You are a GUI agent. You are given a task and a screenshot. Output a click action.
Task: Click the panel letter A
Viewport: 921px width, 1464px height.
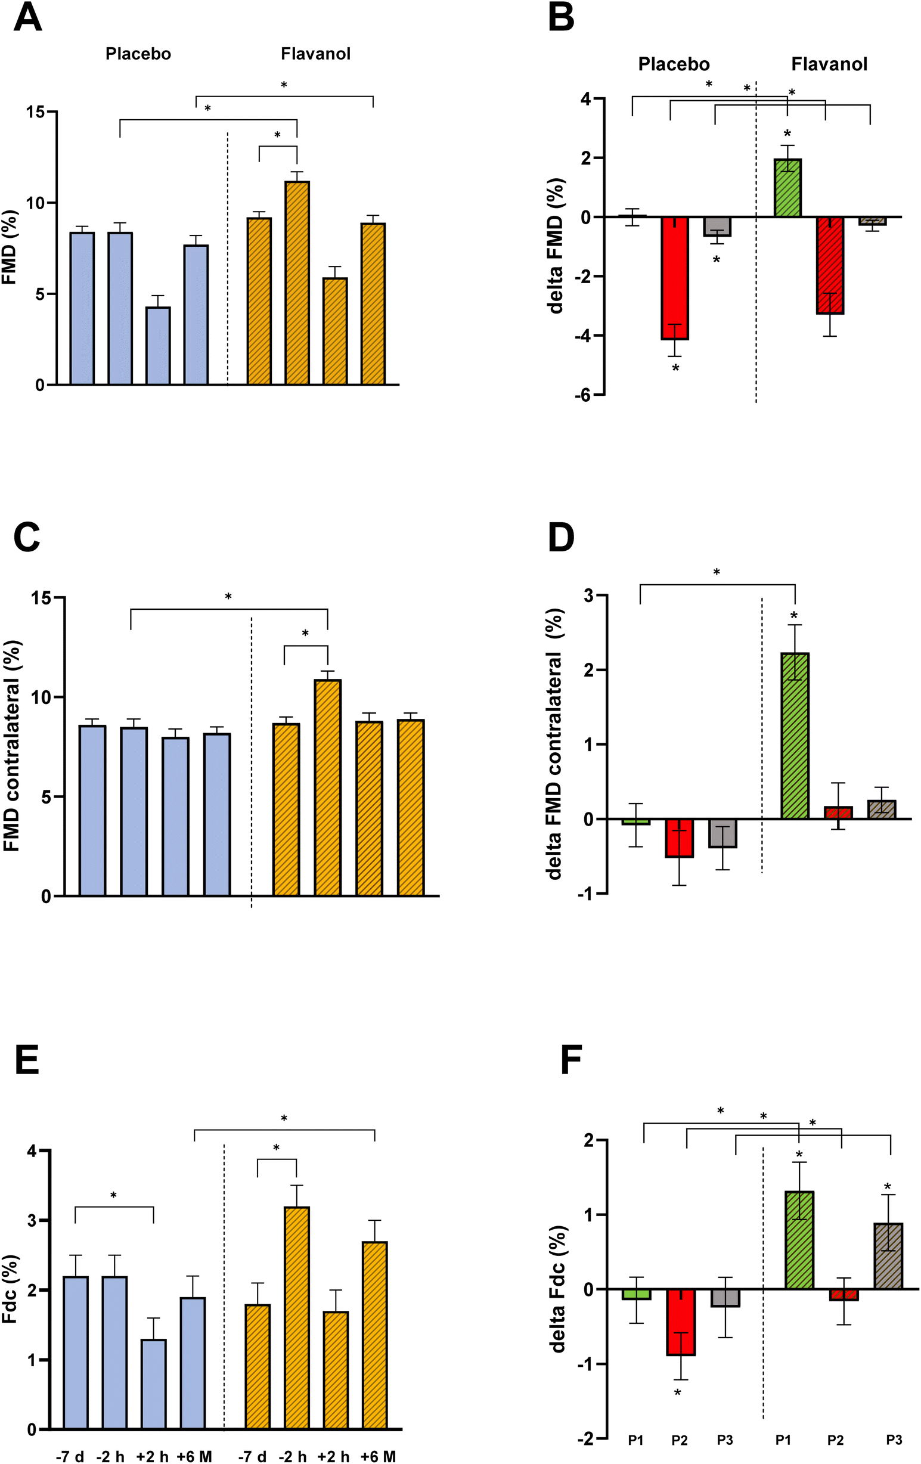click(27, 18)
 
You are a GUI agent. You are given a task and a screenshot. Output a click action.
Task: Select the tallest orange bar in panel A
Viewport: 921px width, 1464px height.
click(297, 283)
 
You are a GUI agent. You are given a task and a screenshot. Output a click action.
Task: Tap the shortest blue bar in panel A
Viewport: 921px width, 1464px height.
click(158, 345)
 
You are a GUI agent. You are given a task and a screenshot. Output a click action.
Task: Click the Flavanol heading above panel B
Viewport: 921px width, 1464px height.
click(829, 64)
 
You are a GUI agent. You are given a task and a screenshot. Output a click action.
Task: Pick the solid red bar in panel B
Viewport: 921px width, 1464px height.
click(675, 278)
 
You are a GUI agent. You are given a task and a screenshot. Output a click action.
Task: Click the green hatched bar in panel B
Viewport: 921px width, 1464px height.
click(787, 188)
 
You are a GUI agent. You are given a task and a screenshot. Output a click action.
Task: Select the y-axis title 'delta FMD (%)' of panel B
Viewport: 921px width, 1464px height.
click(556, 246)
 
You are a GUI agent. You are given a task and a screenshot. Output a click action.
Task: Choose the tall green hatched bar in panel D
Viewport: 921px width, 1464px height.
click(795, 736)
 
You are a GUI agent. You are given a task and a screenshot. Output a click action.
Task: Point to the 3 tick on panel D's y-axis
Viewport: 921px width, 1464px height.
click(588, 596)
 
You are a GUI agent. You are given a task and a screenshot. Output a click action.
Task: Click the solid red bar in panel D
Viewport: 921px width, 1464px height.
click(679, 838)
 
